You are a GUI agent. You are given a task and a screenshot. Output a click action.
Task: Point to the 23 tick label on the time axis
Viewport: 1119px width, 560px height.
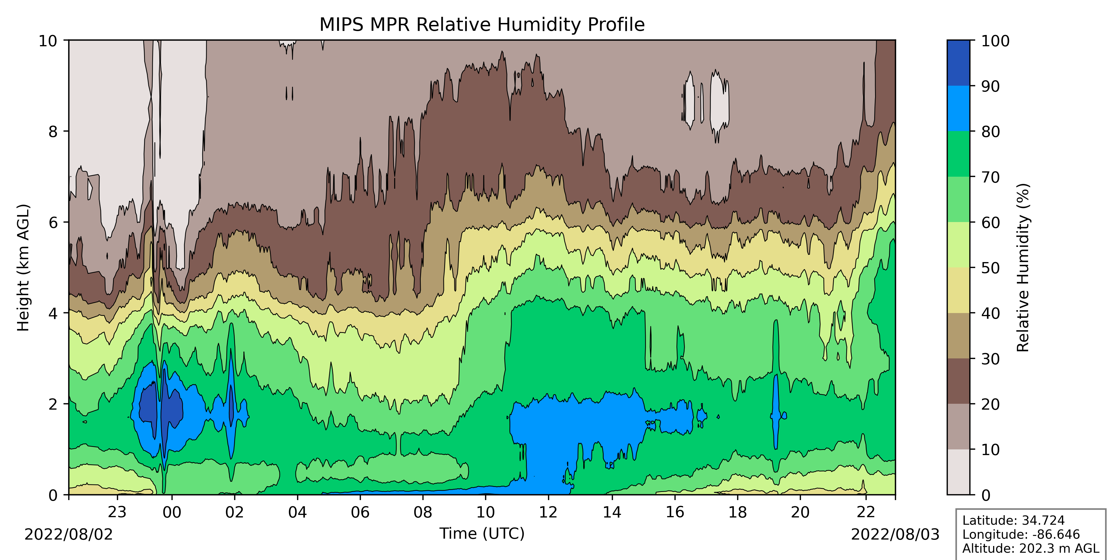[x=117, y=512]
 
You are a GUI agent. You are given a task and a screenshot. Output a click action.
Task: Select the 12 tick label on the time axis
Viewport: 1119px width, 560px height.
[x=548, y=512]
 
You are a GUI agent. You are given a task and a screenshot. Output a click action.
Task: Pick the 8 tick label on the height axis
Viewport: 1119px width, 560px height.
[x=53, y=131]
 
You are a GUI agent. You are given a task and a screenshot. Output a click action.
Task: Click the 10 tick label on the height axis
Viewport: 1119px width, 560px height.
[x=48, y=41]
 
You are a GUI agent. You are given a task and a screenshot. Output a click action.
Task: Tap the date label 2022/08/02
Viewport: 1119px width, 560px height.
[x=69, y=534]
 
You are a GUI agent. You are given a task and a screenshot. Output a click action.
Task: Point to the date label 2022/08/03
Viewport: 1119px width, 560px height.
[x=895, y=534]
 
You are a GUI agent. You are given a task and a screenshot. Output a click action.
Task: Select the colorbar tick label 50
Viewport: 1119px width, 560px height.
[x=990, y=268]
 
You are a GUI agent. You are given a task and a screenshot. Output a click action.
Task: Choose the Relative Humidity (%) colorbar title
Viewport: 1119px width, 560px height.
[x=1023, y=267]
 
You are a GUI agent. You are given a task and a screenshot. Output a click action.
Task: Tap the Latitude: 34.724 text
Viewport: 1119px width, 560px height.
[x=1014, y=521]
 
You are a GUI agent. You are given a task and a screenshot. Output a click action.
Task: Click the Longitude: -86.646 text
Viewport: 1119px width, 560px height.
[x=1021, y=534]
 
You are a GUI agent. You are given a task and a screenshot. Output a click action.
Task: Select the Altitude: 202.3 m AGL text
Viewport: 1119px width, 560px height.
[x=1030, y=548]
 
